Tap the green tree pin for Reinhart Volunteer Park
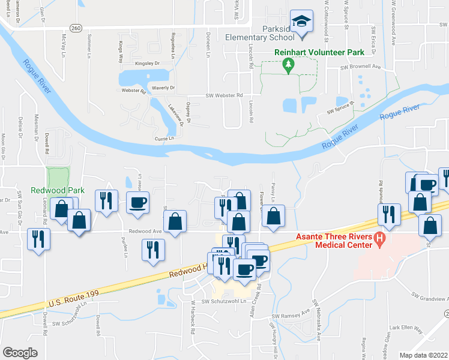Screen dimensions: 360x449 pos(288,65)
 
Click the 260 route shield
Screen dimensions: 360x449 pos(75,28)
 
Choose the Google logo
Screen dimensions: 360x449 pos(20,353)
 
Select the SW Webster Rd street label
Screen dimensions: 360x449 pos(224,95)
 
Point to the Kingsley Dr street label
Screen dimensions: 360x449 pos(148,63)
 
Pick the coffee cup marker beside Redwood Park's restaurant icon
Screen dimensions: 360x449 pos(137,202)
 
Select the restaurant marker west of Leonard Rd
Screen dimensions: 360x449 pos(39,239)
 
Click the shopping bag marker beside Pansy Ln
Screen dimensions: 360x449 pos(273,217)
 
